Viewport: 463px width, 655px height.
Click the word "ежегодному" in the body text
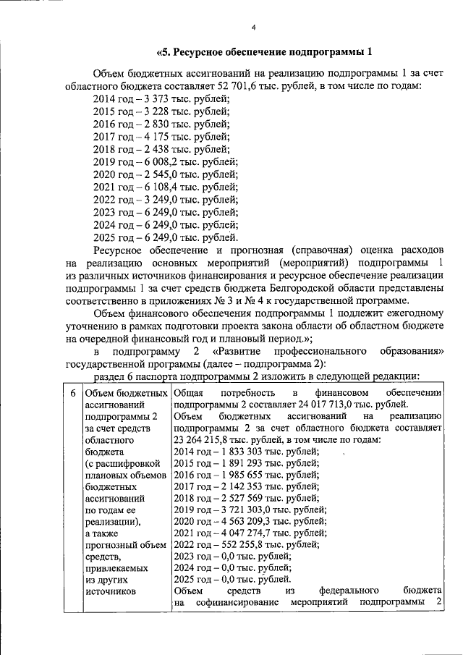[411, 313]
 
